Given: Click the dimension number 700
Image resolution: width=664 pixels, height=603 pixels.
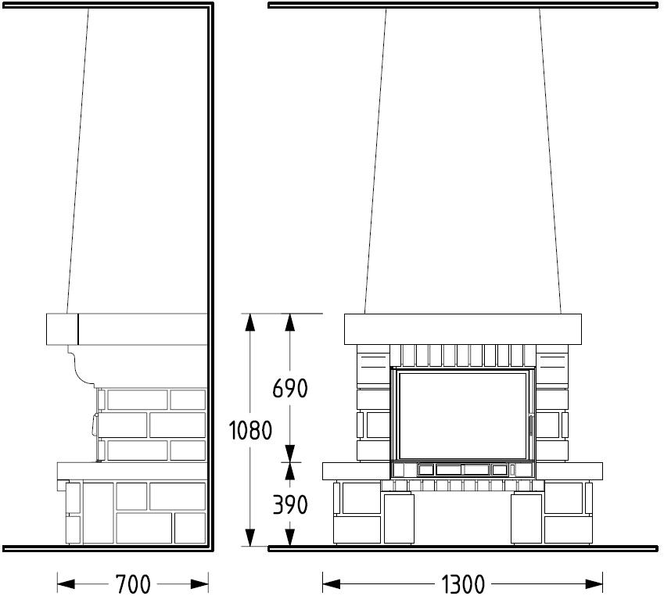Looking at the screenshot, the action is click(x=133, y=584).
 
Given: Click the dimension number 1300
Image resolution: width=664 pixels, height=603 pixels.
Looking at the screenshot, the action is click(x=463, y=584).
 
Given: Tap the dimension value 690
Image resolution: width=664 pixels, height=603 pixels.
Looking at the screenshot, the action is click(x=289, y=388).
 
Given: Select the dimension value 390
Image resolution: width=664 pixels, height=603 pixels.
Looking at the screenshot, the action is click(x=289, y=504).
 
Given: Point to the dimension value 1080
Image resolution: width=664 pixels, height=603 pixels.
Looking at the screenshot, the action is click(x=250, y=430).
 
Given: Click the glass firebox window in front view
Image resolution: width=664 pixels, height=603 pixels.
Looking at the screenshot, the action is click(x=463, y=415).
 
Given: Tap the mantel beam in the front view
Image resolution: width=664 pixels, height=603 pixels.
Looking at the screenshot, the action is click(x=463, y=329).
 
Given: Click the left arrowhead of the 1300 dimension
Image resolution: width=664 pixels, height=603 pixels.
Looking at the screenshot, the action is click(x=331, y=584).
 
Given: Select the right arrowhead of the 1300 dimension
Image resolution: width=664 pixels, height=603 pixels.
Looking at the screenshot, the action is click(x=594, y=584).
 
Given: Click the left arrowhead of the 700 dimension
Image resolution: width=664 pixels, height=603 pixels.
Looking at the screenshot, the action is click(x=66, y=584).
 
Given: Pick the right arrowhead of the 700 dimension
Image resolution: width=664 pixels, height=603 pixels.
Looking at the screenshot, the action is click(x=199, y=584).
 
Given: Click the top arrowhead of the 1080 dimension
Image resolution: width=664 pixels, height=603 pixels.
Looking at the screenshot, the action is click(x=250, y=322).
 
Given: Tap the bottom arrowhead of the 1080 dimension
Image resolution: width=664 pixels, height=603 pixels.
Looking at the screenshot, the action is click(x=250, y=537).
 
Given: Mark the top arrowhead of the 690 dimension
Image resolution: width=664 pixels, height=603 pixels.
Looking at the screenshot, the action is click(x=289, y=322).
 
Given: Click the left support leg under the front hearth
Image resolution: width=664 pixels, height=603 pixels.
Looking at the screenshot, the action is click(x=399, y=518).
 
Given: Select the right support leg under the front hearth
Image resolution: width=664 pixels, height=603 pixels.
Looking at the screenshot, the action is click(x=526, y=518).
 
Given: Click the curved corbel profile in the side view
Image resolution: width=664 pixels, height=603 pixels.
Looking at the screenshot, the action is click(x=81, y=366).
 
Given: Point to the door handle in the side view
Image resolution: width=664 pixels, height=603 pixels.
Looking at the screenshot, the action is click(x=94, y=425).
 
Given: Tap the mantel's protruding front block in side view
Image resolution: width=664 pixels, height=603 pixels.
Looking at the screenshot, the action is click(x=63, y=329).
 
